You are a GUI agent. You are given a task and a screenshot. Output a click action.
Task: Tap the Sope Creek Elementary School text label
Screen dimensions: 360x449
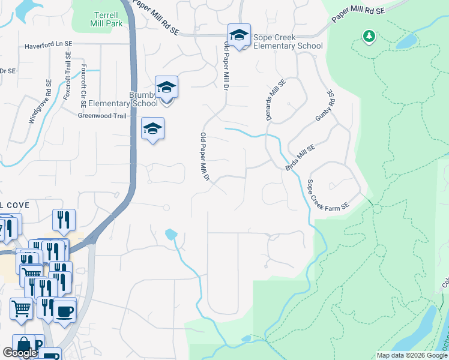[288, 41]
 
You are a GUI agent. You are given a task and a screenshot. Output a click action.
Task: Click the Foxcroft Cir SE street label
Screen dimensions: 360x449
[83, 86]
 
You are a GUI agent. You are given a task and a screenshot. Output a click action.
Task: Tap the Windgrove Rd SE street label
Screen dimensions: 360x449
[40, 102]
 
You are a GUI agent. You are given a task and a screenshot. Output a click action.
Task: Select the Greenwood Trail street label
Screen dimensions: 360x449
[102, 116]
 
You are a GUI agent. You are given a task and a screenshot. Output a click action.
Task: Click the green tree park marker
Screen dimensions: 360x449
[369, 37]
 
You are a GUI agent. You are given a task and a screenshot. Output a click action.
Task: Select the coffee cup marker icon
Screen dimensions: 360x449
[65, 311]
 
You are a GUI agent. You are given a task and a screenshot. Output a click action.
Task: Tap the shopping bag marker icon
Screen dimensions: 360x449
[24, 346]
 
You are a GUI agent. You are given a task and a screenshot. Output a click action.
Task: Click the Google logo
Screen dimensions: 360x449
[20, 353]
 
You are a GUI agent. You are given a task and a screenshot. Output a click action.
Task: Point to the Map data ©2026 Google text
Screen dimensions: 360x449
[411, 355]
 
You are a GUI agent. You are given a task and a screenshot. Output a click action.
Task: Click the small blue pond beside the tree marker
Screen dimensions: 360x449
[406, 41]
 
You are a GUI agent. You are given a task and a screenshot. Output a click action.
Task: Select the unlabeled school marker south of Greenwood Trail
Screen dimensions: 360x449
[153, 128]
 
